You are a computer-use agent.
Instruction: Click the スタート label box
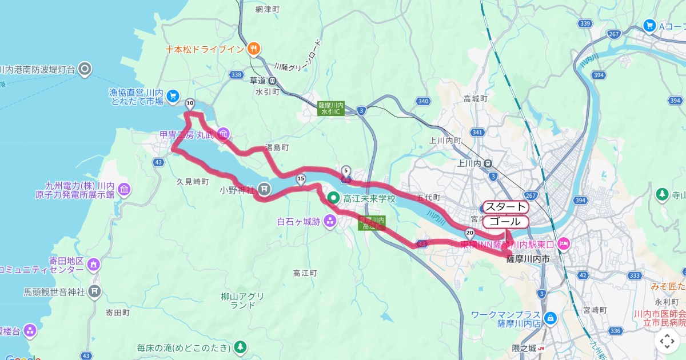pyautogui.click(x=505, y=207)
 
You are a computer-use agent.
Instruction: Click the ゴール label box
pyautogui.click(x=505, y=222)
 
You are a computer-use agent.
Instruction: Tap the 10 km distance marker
pyautogui.click(x=190, y=103)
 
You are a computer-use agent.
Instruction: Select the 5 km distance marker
pyautogui.click(x=346, y=171)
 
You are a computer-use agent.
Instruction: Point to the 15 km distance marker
pyautogui.click(x=301, y=180)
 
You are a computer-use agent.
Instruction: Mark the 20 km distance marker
pyautogui.click(x=470, y=233)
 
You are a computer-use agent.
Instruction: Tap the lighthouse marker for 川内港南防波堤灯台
pyautogui.click(x=85, y=70)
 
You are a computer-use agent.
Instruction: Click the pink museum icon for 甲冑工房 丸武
pyautogui.click(x=224, y=134)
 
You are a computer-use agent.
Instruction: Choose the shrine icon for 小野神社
pyautogui.click(x=264, y=187)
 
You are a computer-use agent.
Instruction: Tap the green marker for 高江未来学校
pyautogui.click(x=334, y=198)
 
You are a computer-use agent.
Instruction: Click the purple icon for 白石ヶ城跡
pyautogui.click(x=330, y=221)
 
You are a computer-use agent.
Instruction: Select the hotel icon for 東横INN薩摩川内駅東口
pyautogui.click(x=564, y=244)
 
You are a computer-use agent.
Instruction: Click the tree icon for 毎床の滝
pyautogui.click(x=240, y=347)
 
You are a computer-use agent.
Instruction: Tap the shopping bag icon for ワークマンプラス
pyautogui.click(x=550, y=318)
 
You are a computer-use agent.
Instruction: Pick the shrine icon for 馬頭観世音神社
pyautogui.click(x=94, y=292)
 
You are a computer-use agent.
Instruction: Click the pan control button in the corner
pyautogui.click(x=667, y=341)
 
